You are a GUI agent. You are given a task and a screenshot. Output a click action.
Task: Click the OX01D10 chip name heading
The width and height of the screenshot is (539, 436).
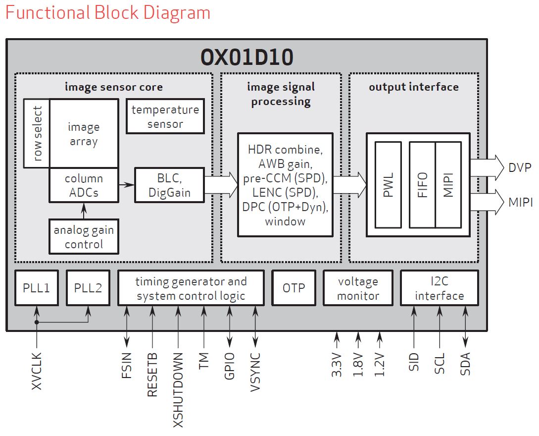pyautogui.click(x=246, y=57)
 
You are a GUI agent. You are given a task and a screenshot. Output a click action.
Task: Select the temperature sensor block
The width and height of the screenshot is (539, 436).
pyautogui.click(x=165, y=116)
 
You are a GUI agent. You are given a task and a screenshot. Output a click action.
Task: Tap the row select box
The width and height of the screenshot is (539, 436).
pyautogui.click(x=36, y=133)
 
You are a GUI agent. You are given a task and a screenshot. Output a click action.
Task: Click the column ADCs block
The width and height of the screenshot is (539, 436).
pyautogui.click(x=84, y=185)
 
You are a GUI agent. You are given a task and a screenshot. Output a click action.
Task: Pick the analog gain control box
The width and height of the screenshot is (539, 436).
pyautogui.click(x=84, y=237)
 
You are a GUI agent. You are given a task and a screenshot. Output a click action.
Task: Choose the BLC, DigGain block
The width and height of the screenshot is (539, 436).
pyautogui.click(x=169, y=185)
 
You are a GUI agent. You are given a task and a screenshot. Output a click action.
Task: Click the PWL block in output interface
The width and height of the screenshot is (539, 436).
pyautogui.click(x=389, y=185)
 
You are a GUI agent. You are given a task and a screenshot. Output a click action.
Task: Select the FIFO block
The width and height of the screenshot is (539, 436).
pyautogui.click(x=422, y=185)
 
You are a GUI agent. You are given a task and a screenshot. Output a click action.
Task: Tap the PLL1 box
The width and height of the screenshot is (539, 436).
pyautogui.click(x=37, y=288)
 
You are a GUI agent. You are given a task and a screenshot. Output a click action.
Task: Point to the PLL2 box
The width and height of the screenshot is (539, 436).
pyautogui.click(x=88, y=288)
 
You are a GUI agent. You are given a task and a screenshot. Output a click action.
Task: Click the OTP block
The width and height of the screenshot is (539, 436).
pyautogui.click(x=294, y=288)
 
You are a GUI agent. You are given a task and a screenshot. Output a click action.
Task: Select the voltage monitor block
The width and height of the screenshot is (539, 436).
pyautogui.click(x=358, y=288)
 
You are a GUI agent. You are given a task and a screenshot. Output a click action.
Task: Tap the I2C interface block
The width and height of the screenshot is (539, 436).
pyautogui.click(x=439, y=288)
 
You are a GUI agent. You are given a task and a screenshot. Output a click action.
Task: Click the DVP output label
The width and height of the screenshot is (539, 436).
pyautogui.click(x=520, y=167)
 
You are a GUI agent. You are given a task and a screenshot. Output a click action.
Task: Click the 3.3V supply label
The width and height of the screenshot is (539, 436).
pyautogui.click(x=337, y=365)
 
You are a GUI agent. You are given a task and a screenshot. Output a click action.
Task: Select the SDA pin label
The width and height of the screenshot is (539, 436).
pyautogui.click(x=465, y=364)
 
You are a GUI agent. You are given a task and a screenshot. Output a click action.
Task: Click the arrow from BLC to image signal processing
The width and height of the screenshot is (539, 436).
pyautogui.click(x=221, y=185)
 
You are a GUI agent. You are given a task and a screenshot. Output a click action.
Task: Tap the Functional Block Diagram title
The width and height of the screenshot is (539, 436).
pyautogui.click(x=108, y=12)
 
